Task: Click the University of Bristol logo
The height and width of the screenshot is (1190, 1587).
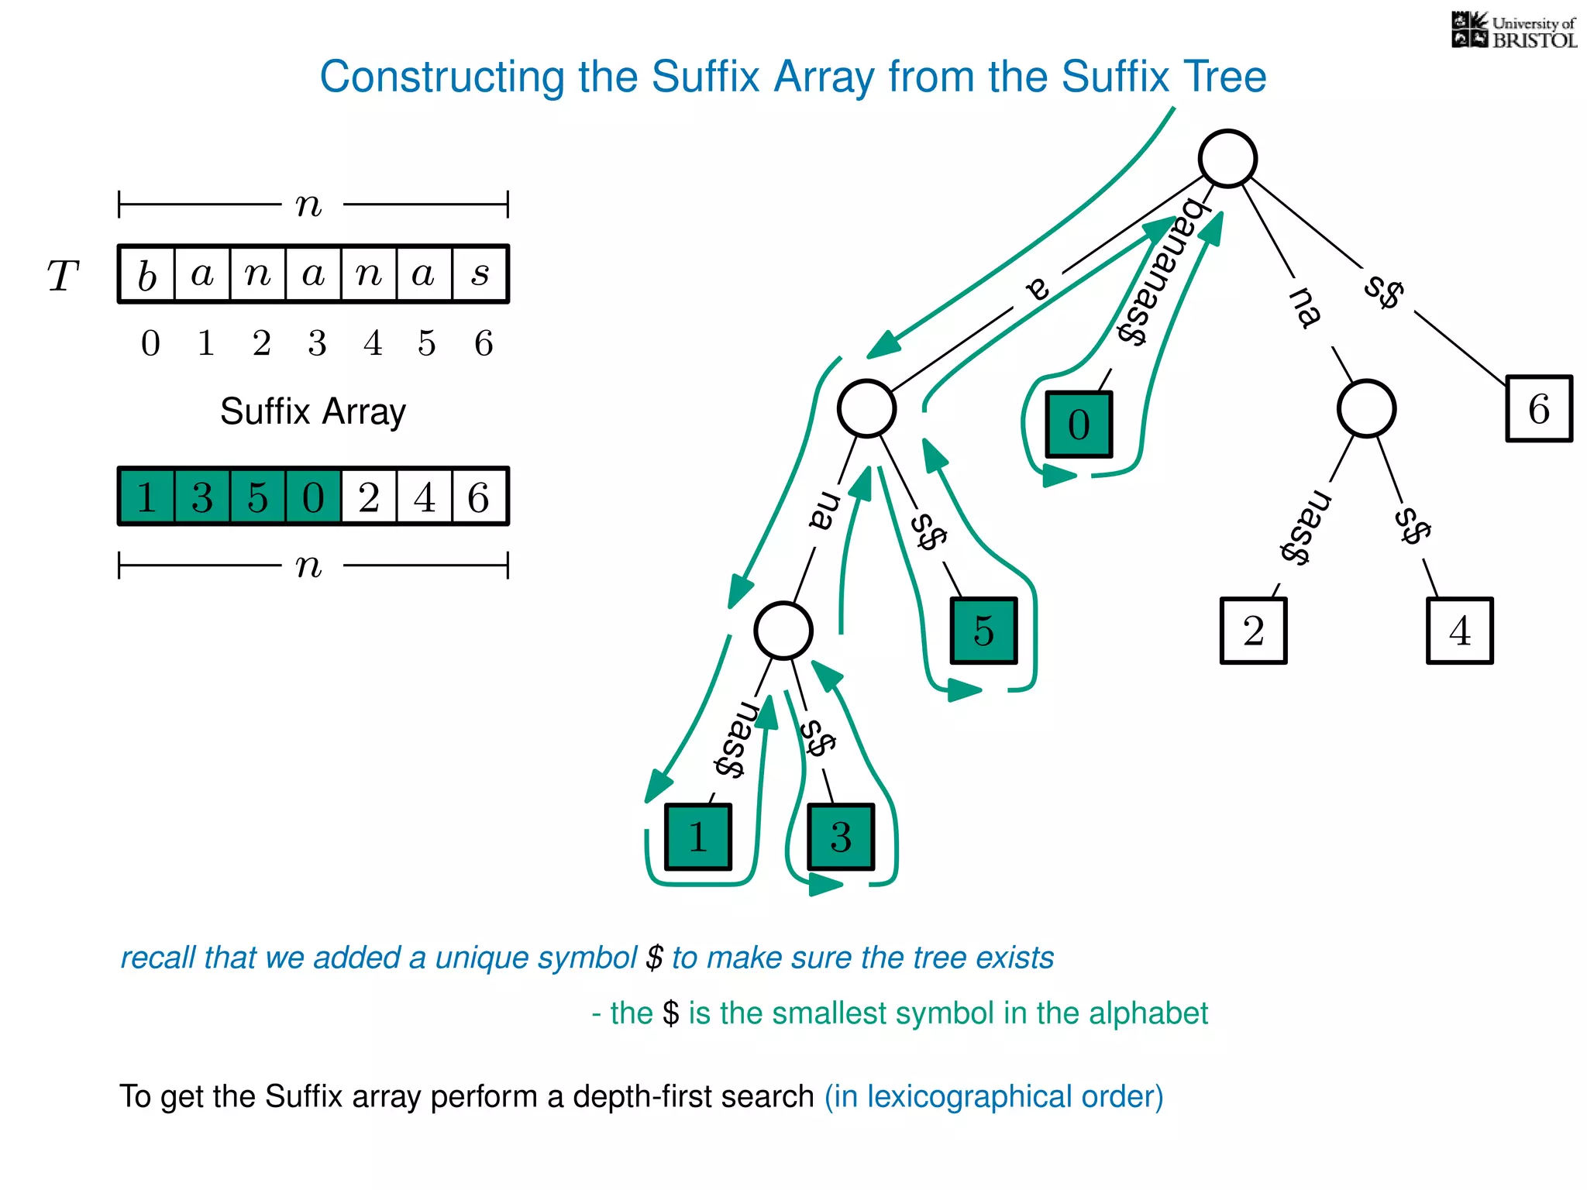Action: (1513, 31)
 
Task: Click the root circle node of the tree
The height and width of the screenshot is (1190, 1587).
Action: (1227, 159)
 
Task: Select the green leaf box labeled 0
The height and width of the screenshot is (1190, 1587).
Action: (1079, 425)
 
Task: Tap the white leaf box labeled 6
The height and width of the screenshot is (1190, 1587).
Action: (1539, 409)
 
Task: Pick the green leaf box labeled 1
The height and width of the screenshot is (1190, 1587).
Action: (697, 837)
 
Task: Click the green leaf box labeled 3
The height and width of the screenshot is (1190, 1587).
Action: (841, 837)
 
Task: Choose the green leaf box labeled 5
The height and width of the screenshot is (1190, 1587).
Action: (983, 631)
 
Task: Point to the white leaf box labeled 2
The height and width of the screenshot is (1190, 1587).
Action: (1253, 631)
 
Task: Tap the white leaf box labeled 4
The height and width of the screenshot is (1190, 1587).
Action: (1459, 631)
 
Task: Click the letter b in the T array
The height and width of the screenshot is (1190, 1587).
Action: (147, 275)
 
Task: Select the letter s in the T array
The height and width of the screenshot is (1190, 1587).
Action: (480, 274)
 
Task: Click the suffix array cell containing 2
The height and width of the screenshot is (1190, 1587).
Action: (369, 497)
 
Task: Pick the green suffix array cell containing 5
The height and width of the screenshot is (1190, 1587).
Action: (258, 497)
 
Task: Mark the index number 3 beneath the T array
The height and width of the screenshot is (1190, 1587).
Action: (317, 343)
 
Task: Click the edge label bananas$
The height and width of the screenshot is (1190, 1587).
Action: (1158, 272)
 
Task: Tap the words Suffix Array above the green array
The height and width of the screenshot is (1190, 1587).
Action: (312, 411)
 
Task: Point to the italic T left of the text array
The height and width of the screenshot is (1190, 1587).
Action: (63, 276)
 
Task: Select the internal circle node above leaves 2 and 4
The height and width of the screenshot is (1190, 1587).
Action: (1366, 409)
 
